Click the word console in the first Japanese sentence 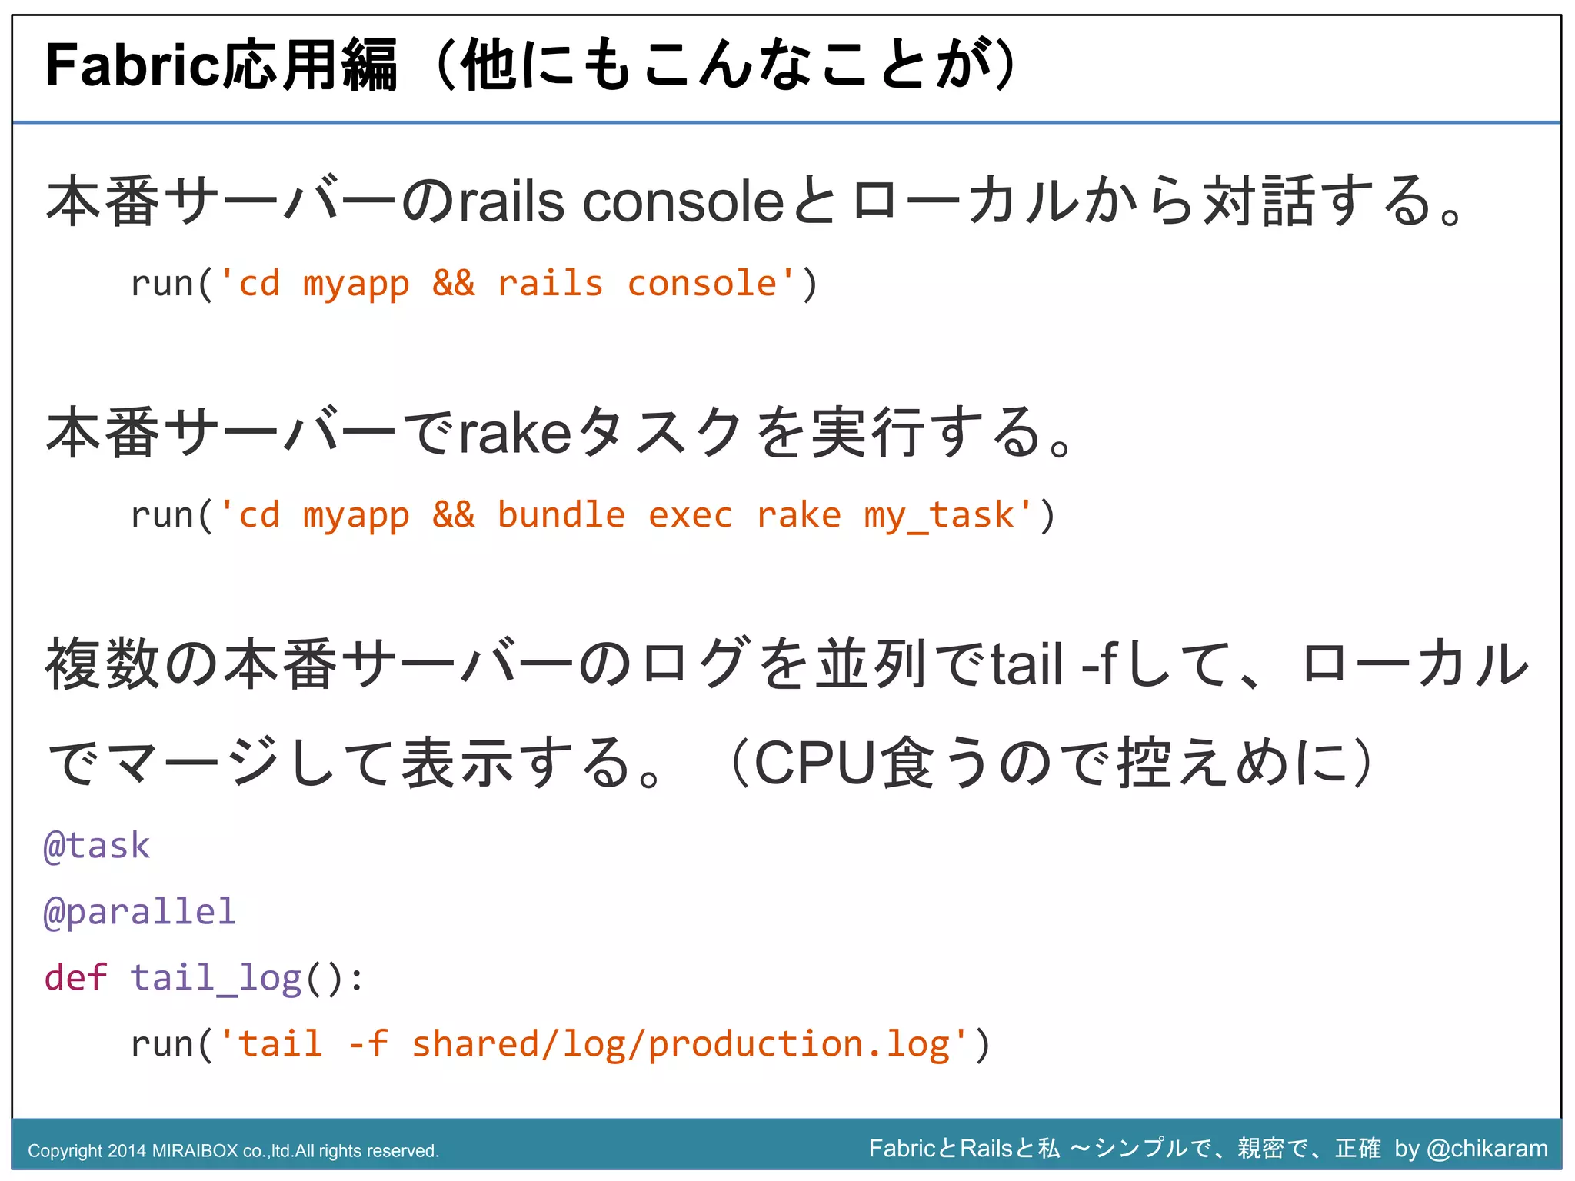pos(683,202)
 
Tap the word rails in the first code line pos(550,284)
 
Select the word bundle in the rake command pos(561,515)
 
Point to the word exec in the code pos(690,515)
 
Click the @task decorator pos(97,846)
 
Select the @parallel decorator pos(139,912)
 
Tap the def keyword pos(75,978)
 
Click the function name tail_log pos(215,978)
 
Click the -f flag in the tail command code pos(368,1044)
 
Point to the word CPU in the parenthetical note pos(815,763)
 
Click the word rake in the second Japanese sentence pos(515,433)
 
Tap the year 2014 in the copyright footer pos(126,1151)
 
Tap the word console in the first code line pos(701,284)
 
